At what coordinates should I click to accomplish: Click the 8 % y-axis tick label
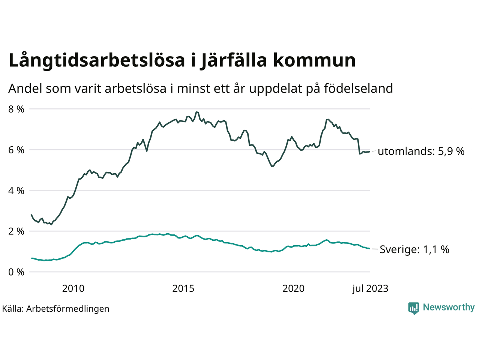tap(16, 109)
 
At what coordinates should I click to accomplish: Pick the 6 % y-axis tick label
tap(16, 150)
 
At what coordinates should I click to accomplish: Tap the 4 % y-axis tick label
tap(16, 190)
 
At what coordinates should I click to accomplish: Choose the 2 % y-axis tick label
tap(16, 231)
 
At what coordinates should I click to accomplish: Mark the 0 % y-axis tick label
tap(16, 272)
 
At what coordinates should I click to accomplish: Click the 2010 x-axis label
tap(73, 288)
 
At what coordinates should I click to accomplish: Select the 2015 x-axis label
tap(183, 288)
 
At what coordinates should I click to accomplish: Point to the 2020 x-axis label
tap(293, 288)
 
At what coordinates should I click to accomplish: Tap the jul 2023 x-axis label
tap(370, 288)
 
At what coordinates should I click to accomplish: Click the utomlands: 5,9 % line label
tap(421, 151)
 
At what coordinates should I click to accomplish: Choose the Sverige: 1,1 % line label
tap(414, 249)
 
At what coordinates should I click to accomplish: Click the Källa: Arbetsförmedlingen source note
tap(55, 309)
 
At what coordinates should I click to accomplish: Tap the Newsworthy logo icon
tap(414, 308)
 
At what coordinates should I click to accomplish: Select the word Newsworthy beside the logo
tap(448, 307)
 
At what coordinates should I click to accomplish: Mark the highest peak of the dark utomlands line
tap(196, 112)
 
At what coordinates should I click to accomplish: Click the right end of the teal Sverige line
tap(370, 249)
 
